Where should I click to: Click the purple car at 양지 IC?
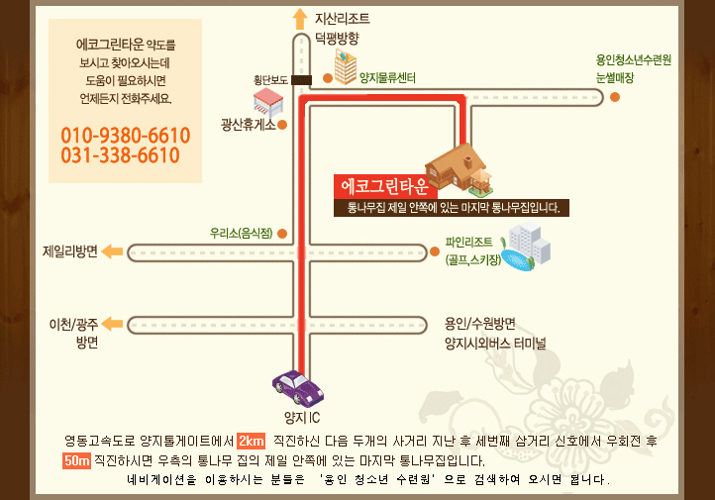click(298, 388)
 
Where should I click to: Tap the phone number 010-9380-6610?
click(126, 136)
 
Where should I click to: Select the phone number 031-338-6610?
click(121, 155)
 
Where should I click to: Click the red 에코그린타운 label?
click(385, 186)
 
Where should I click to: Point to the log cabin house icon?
click(459, 169)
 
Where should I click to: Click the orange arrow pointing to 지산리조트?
click(300, 19)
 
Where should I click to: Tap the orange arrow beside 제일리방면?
click(112, 251)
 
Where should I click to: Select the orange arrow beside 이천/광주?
click(112, 324)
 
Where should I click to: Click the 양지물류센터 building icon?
click(346, 68)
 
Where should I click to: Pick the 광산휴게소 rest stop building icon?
click(268, 103)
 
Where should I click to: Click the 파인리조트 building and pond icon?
click(525, 247)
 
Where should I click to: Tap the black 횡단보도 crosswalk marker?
click(301, 80)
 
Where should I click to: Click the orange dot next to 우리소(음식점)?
click(282, 234)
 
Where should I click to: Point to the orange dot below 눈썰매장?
click(615, 97)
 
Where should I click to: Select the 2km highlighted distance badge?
click(252, 442)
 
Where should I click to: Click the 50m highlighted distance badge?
click(76, 460)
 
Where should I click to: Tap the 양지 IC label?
click(302, 418)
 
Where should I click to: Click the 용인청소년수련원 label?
click(634, 59)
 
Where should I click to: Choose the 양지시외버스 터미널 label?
click(495, 344)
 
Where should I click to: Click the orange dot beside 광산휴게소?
click(282, 125)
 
